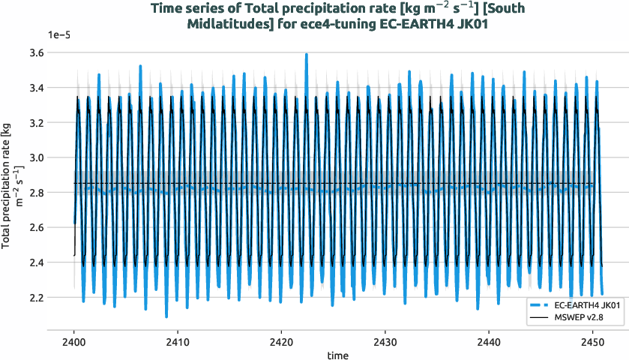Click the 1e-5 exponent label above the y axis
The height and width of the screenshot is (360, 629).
coord(59,34)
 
